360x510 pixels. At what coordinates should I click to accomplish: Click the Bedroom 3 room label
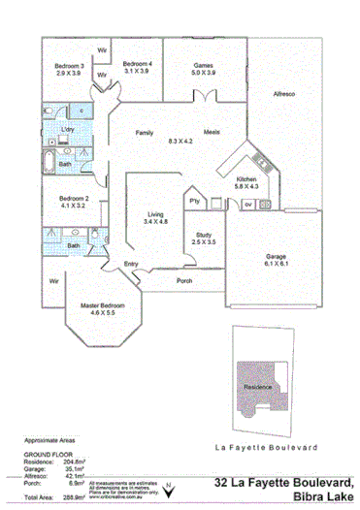click(69, 66)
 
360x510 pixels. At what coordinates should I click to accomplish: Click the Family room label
click(145, 132)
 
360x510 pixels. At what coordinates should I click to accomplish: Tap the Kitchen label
click(246, 179)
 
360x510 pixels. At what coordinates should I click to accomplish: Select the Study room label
click(204, 234)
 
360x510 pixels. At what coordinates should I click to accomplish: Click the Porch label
click(183, 282)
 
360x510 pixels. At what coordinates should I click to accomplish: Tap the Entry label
click(131, 263)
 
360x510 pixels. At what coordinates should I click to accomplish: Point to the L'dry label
click(68, 130)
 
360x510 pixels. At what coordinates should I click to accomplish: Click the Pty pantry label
click(195, 201)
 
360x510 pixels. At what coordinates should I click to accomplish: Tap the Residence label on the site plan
click(258, 385)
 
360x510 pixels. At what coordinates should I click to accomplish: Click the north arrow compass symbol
click(172, 488)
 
